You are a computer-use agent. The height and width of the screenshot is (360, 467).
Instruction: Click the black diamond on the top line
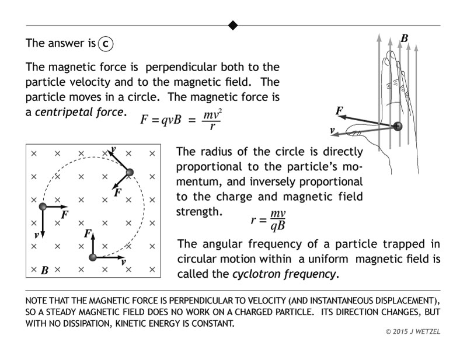233,25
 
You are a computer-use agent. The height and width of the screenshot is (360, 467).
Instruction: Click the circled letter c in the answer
106,44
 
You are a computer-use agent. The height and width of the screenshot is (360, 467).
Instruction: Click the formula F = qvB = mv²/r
180,120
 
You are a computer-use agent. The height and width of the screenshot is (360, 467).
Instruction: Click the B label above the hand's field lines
404,39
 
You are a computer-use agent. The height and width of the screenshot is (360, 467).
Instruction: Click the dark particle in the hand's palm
398,125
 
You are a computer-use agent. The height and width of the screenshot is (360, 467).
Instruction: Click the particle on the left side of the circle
43,207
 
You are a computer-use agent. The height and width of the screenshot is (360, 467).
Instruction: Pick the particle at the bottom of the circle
92,257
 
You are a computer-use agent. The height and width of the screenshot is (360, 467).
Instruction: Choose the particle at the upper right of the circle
130,172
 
